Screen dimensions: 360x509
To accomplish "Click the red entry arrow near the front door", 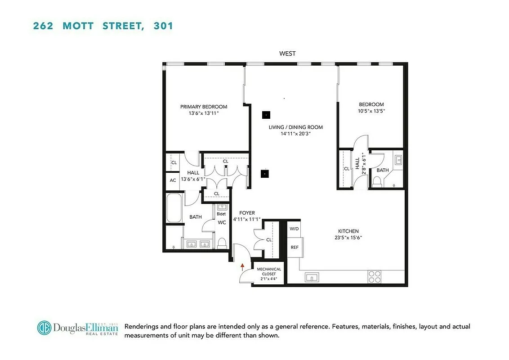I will pos(242,266).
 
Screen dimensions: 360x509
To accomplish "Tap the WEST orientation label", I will pos(287,54).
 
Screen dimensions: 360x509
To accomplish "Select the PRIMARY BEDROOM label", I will pos(204,107).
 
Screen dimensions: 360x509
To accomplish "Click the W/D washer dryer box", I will pos(294,229).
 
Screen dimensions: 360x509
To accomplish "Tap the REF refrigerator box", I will pos(295,247).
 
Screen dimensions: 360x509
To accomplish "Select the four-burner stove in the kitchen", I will pos(375,276).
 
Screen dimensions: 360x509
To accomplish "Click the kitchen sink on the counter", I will pos(311,277).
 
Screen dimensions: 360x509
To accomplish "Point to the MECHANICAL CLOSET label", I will pos(269,272).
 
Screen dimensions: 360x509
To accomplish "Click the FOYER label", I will pos(247,213).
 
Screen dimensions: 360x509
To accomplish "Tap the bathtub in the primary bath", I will pos(174,208).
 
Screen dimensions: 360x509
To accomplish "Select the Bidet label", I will pos(221,214).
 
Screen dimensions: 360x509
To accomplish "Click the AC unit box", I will pos(173,180).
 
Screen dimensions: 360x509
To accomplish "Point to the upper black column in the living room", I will pos(266,115).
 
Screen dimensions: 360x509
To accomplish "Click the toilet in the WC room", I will pos(221,243).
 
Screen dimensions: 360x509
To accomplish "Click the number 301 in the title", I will pos(163,26).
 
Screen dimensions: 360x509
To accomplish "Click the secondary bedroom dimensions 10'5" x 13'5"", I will pos(371,111).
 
